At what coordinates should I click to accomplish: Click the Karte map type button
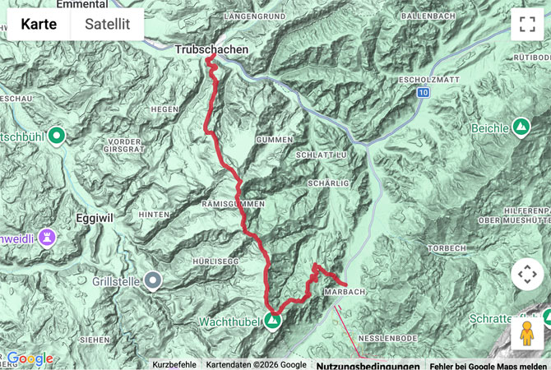(39, 25)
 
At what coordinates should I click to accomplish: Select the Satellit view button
(107, 25)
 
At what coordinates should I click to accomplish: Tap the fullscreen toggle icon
(527, 25)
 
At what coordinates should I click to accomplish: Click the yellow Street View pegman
(527, 334)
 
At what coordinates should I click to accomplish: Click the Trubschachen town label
(211, 50)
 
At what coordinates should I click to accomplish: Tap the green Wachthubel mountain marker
(272, 321)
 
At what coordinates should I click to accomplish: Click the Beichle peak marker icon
(521, 127)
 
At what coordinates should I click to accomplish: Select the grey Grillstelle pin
(153, 282)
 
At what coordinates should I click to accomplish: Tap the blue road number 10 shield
(423, 94)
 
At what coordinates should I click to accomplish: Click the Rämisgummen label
(232, 203)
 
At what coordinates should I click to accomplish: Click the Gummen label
(274, 141)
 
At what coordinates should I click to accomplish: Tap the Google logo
(30, 358)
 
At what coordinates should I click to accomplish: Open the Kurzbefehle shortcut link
(174, 365)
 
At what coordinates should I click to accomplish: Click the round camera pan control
(527, 274)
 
